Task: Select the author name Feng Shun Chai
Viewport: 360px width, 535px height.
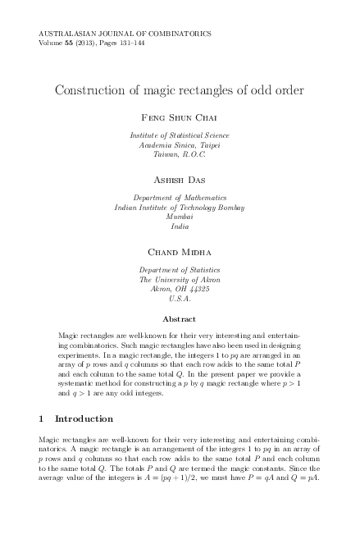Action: click(x=180, y=118)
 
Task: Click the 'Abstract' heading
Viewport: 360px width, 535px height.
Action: click(x=180, y=318)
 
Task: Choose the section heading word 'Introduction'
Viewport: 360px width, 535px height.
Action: click(x=84, y=419)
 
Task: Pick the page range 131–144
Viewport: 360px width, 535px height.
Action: click(x=131, y=42)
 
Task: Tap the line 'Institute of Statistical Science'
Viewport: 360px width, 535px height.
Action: click(x=180, y=135)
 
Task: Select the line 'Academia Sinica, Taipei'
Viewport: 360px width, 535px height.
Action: click(x=180, y=144)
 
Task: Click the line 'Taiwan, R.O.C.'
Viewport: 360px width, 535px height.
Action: click(x=180, y=154)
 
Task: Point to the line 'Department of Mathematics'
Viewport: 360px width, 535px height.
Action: click(x=180, y=197)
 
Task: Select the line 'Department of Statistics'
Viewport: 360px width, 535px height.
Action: click(x=180, y=270)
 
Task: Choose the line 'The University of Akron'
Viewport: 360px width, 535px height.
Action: click(x=180, y=280)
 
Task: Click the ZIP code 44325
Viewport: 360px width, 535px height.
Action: click(x=198, y=290)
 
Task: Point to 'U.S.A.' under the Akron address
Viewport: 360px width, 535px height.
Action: click(x=180, y=300)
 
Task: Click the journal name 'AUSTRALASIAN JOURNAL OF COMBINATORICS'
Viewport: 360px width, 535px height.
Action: click(x=125, y=33)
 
